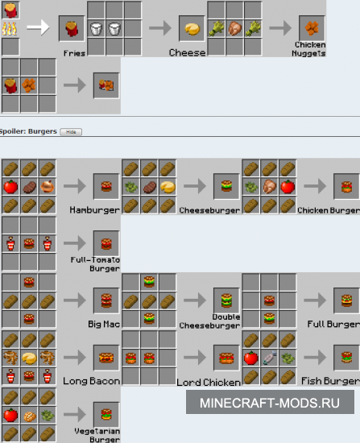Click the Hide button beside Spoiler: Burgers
pos(71,132)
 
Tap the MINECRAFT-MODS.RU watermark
pos(270,402)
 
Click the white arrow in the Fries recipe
pos(38,27)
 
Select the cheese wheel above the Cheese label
pos(192,29)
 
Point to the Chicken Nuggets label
pos(308,49)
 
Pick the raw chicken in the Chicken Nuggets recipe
pos(235,29)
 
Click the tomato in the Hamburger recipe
pos(10,187)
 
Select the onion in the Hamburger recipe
pos(48,187)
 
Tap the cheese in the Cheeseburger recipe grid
pos(168,187)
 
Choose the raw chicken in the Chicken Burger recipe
pos(269,187)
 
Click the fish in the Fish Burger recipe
pos(269,358)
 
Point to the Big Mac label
pos(104,324)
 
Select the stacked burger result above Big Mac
pos(106,300)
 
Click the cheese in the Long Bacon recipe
pos(29,358)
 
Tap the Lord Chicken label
pos(209,382)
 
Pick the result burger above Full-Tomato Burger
pos(106,243)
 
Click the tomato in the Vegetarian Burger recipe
pos(10,415)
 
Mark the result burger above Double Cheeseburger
pos(226,300)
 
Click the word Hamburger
pos(95,210)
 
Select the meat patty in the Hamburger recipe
pos(29,187)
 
